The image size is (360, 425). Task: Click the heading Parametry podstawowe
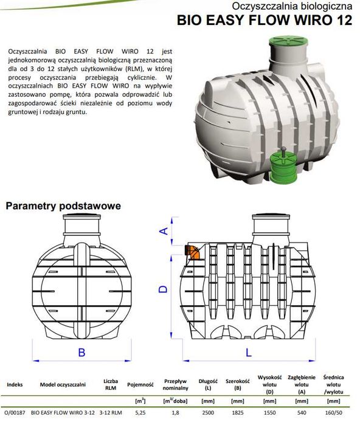[63, 206]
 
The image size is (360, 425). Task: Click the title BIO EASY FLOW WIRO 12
[265, 20]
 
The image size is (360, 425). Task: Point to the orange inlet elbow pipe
[192, 252]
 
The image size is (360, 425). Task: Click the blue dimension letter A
[164, 231]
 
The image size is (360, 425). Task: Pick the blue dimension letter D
[163, 289]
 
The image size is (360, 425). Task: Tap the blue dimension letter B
[81, 353]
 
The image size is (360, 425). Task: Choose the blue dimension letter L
[249, 353]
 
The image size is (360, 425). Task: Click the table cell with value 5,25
[140, 413]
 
